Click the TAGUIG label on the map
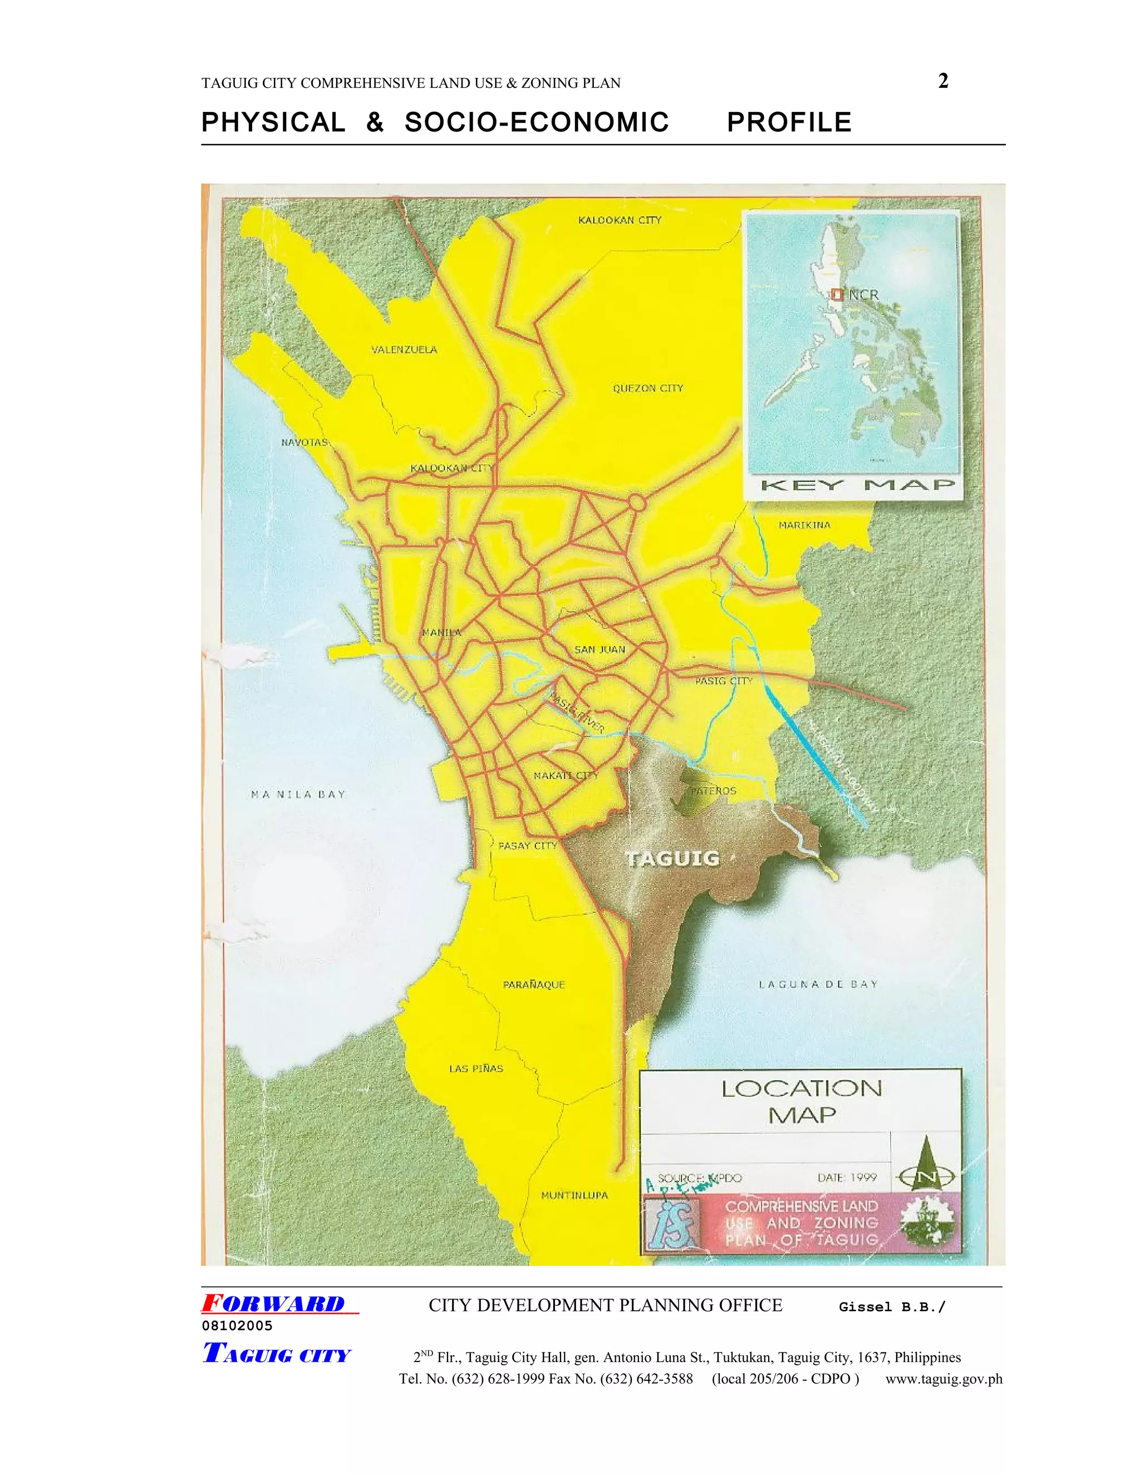[672, 858]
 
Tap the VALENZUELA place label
[404, 350]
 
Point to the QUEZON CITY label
[648, 389]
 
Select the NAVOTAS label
[304, 442]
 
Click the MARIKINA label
[804, 525]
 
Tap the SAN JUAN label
[599, 650]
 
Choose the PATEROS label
[713, 791]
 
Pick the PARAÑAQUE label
[533, 985]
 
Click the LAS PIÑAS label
[476, 1069]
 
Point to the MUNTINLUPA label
[574, 1196]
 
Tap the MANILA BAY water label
[298, 795]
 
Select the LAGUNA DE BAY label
[818, 985]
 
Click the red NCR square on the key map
[837, 294]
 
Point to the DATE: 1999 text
[847, 1178]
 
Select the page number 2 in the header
[944, 81]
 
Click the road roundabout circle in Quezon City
[636, 503]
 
